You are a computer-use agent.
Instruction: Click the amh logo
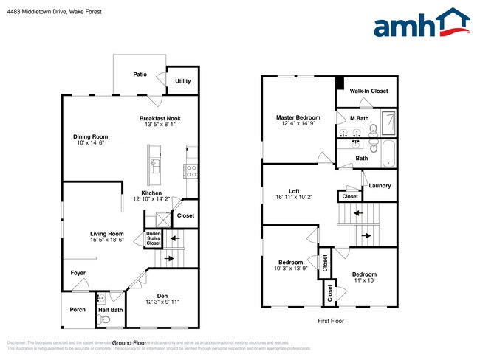tap(422, 24)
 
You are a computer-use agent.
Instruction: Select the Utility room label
tap(183, 81)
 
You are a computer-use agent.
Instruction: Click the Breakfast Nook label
tap(160, 118)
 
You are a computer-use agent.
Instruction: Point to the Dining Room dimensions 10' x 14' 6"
tap(91, 144)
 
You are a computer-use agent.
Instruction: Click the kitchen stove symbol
tap(191, 170)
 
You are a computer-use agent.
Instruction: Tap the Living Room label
tap(107, 234)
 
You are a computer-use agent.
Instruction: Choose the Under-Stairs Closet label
tap(154, 238)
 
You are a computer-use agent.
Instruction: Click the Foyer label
tap(78, 274)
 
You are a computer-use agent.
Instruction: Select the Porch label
tap(78, 310)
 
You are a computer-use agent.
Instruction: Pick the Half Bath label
tap(111, 311)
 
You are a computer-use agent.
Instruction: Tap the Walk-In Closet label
tap(368, 91)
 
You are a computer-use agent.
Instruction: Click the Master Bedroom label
tap(298, 117)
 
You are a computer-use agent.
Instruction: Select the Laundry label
tap(380, 185)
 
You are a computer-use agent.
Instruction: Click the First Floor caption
tap(331, 321)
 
